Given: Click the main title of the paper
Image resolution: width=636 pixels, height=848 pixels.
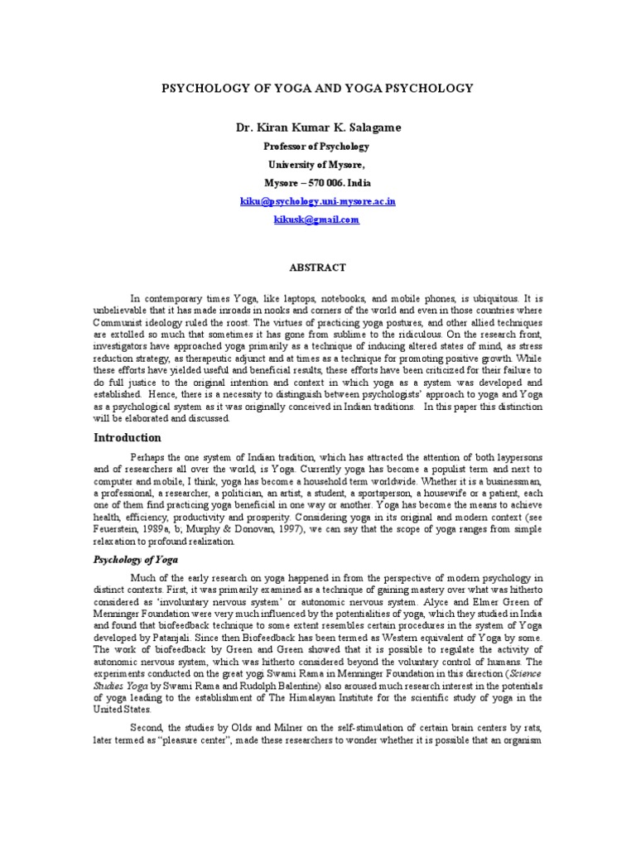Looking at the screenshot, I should (x=317, y=87).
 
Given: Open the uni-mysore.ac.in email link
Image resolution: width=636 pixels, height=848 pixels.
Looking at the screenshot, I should (x=317, y=201).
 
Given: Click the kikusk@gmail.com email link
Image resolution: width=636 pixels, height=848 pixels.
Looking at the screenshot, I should (x=317, y=220).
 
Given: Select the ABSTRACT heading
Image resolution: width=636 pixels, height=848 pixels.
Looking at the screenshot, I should (x=317, y=267).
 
